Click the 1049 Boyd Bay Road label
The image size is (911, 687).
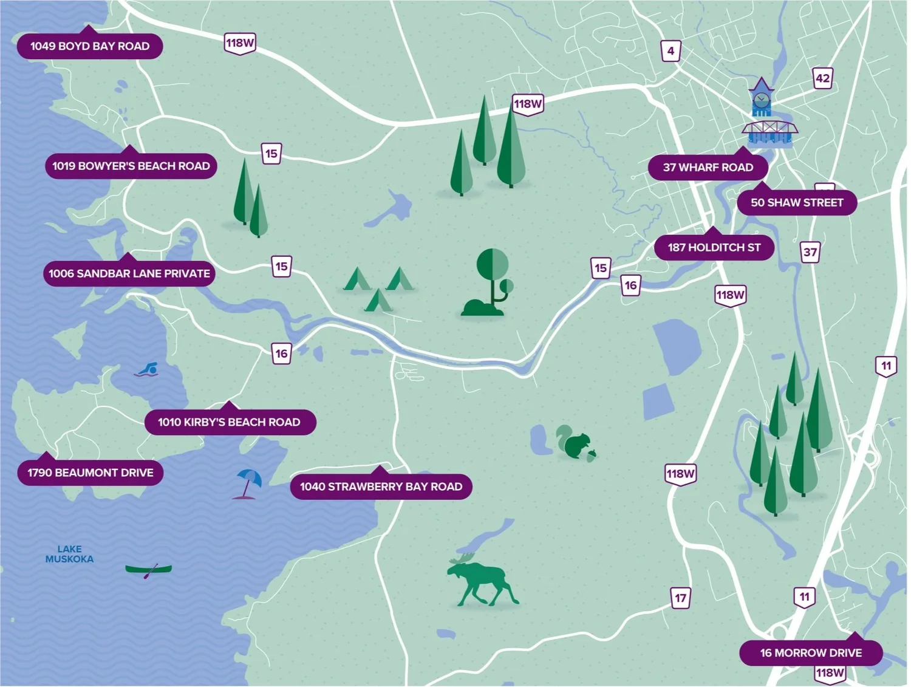point(90,46)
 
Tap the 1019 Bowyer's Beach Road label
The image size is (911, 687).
point(131,166)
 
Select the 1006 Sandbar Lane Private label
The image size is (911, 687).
point(129,274)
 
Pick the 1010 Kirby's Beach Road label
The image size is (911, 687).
point(230,422)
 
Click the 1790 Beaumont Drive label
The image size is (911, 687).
point(90,473)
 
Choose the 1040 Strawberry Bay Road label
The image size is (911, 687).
point(381,487)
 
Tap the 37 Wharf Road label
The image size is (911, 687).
point(708,168)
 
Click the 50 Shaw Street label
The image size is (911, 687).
point(797,203)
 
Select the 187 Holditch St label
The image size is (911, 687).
point(714,248)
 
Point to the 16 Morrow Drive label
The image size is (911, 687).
point(811,653)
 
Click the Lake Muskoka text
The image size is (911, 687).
point(69,554)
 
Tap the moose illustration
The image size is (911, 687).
point(481,580)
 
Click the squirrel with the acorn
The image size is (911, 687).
point(575,443)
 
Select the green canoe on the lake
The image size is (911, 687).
point(148,569)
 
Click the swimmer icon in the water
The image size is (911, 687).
point(147,369)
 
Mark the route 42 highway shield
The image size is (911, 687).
point(822,78)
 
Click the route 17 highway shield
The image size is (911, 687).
point(680,598)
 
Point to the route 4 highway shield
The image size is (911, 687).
point(670,51)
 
